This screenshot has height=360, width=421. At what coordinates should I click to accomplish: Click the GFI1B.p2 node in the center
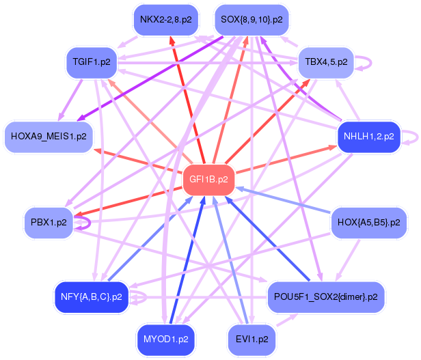[208, 180]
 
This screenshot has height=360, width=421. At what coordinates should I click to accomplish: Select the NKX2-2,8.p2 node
[166, 20]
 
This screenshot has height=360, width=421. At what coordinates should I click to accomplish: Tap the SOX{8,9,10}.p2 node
[252, 20]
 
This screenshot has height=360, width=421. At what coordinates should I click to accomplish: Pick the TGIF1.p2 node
[92, 62]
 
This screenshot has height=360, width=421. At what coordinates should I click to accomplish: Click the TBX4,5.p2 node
[326, 62]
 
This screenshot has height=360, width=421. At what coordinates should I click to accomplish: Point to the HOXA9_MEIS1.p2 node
[49, 137]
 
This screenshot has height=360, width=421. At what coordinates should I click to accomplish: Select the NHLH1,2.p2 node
[369, 137]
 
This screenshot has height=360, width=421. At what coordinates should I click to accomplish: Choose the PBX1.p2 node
[49, 223]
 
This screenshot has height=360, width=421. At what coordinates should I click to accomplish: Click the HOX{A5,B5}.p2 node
[369, 223]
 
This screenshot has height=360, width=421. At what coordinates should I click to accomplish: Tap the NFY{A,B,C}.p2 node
[92, 297]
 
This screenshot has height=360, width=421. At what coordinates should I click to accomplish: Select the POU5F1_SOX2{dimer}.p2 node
[326, 297]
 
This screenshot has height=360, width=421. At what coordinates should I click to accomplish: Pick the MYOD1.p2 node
[166, 340]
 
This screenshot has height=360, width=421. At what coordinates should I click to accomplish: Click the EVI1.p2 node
[252, 340]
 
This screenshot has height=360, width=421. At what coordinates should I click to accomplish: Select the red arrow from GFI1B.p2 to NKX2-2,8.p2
[187, 100]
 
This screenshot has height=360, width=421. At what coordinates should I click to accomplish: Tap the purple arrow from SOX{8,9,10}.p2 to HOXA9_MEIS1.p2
[150, 79]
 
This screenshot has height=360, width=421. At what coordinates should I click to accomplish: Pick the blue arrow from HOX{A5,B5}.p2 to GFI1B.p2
[284, 200]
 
